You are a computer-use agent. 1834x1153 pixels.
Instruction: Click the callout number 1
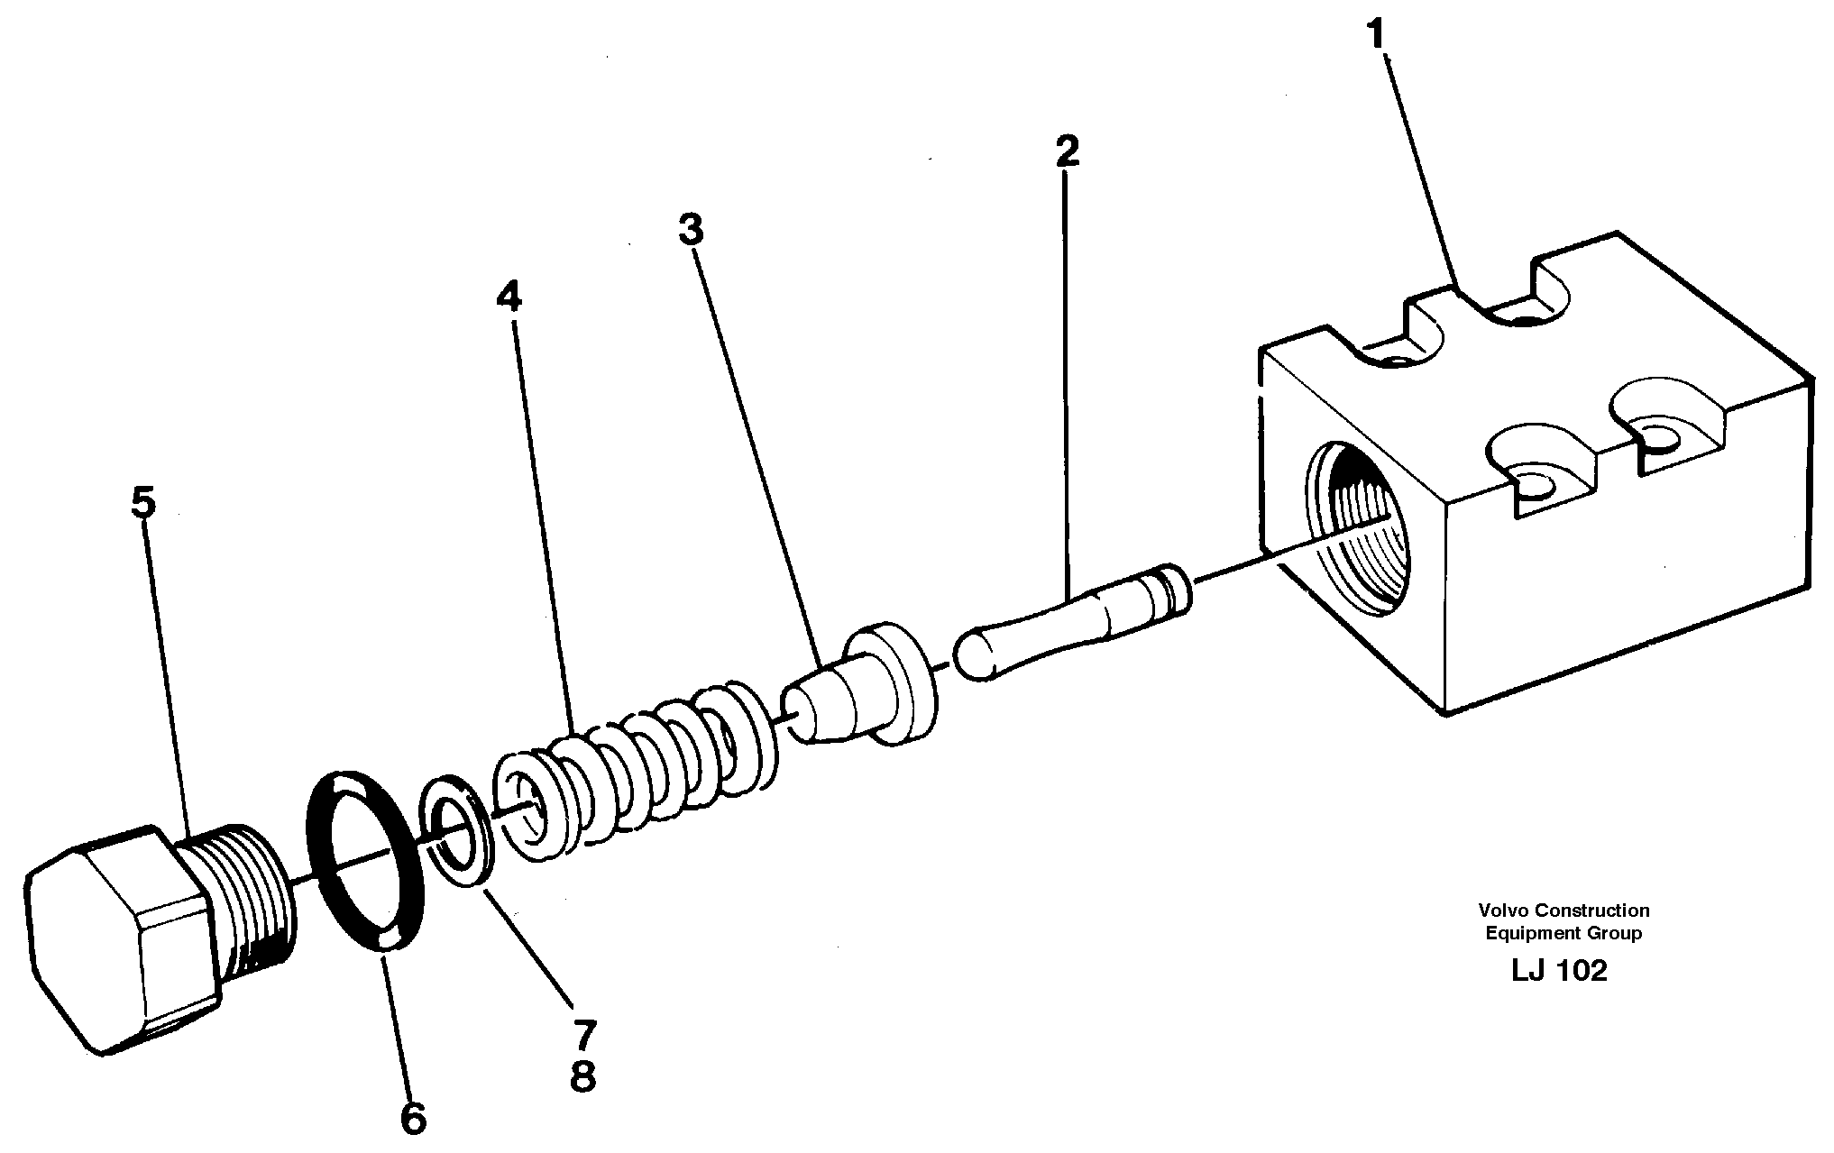coord(1375,36)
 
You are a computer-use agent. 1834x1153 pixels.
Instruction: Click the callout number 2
coord(1067,151)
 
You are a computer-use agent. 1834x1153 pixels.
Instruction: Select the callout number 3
coord(691,230)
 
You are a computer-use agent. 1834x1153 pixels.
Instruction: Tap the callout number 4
coord(509,296)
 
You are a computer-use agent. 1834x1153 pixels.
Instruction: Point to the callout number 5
coord(142,503)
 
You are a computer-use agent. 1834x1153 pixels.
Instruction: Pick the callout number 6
coord(412,1119)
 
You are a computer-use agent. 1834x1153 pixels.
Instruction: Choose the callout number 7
coord(583,1035)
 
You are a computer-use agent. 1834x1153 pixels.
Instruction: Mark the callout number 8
coord(583,1076)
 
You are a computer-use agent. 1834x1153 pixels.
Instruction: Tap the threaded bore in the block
coord(1353,532)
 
